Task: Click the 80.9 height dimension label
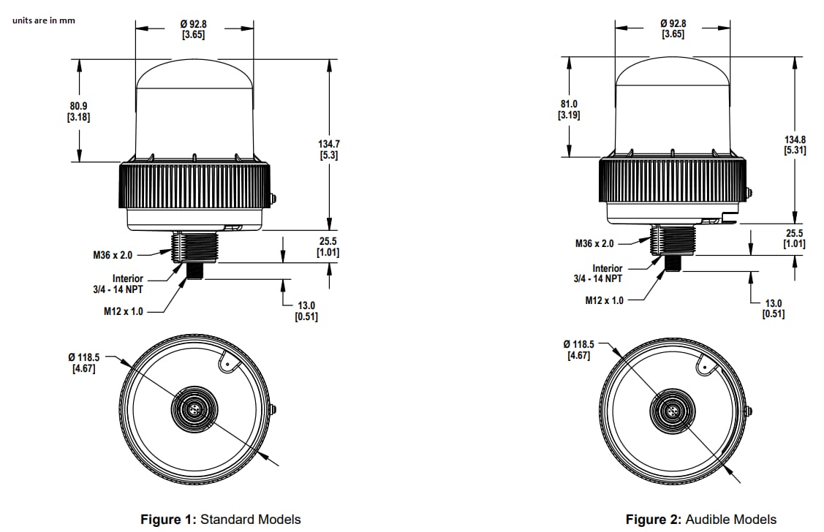(x=78, y=110)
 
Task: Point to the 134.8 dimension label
(x=795, y=144)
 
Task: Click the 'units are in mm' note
(x=43, y=20)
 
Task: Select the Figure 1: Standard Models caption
(x=220, y=520)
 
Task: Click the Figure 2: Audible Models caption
(x=701, y=520)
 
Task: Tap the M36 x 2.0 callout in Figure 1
(x=113, y=255)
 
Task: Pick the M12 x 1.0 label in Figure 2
(x=605, y=300)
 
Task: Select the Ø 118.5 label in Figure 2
(x=578, y=349)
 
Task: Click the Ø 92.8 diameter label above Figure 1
(x=193, y=29)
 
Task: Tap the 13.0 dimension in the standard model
(x=306, y=311)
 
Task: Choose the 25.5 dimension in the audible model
(x=794, y=237)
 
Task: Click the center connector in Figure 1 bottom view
(x=193, y=408)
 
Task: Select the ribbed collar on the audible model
(x=673, y=180)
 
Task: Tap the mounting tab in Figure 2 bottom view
(x=706, y=364)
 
